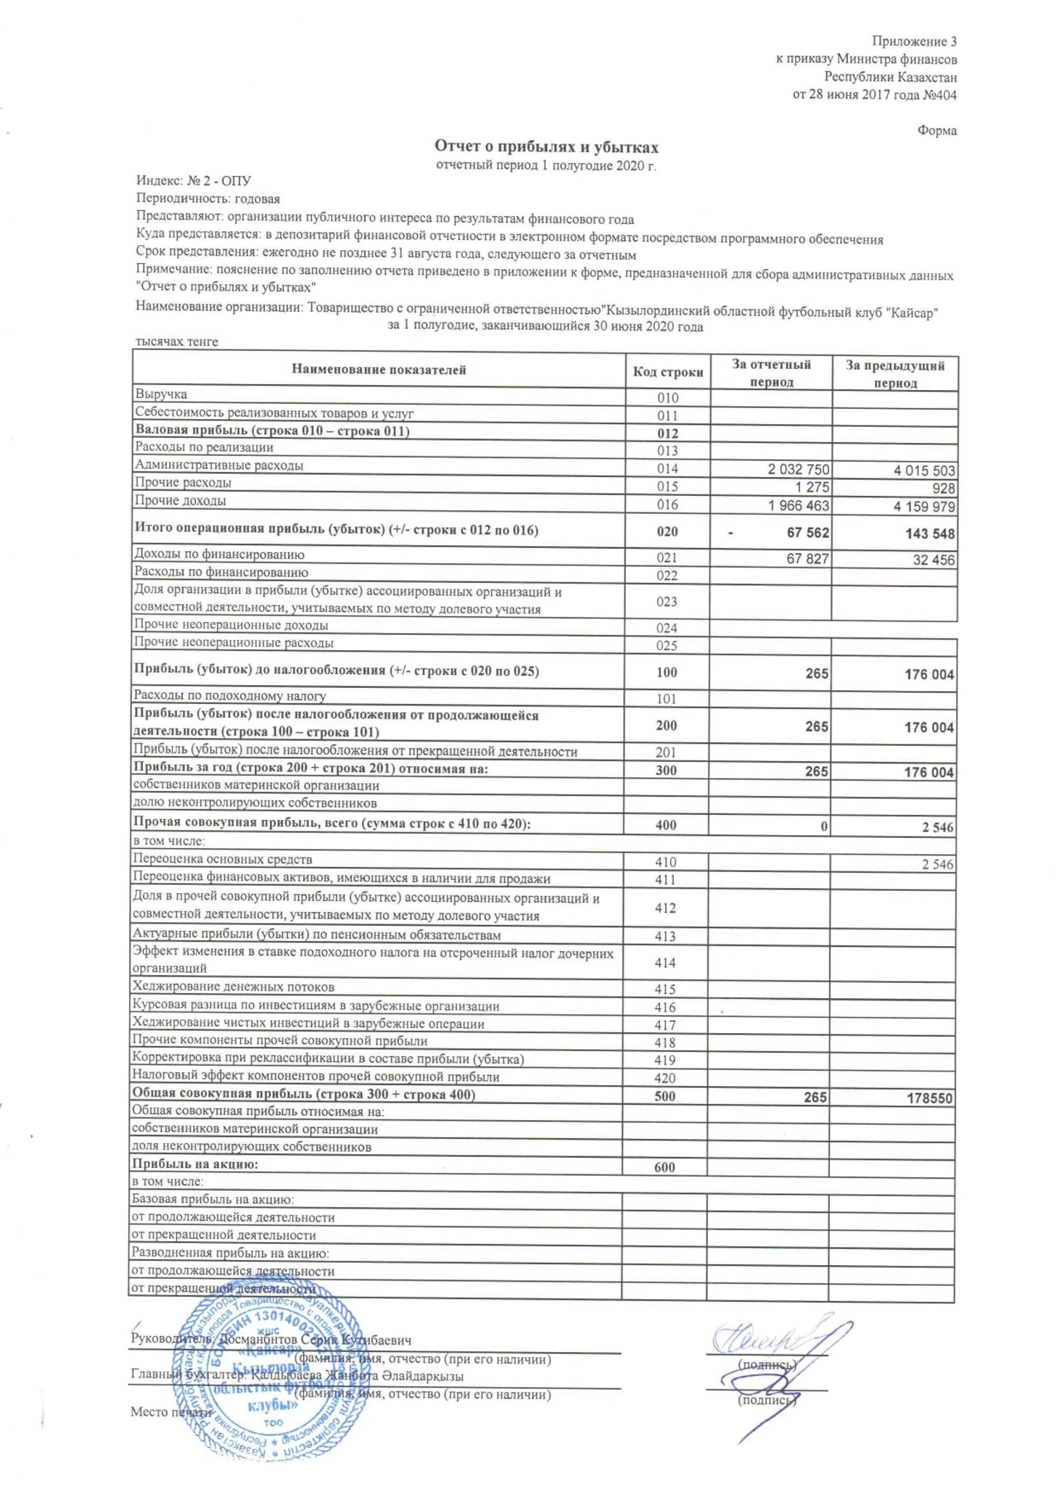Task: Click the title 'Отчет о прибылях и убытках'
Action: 545,148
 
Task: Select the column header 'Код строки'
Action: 667,372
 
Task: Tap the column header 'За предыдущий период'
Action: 894,373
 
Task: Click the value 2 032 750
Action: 798,470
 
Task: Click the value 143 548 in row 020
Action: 930,534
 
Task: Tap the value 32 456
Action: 933,559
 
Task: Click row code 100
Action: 666,672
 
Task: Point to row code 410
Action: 665,862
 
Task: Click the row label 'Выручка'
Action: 160,394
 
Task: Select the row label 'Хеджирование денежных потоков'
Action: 233,987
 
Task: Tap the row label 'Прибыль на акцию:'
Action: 194,1164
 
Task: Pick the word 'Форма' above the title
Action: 936,130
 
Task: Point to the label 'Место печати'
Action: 171,1411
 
